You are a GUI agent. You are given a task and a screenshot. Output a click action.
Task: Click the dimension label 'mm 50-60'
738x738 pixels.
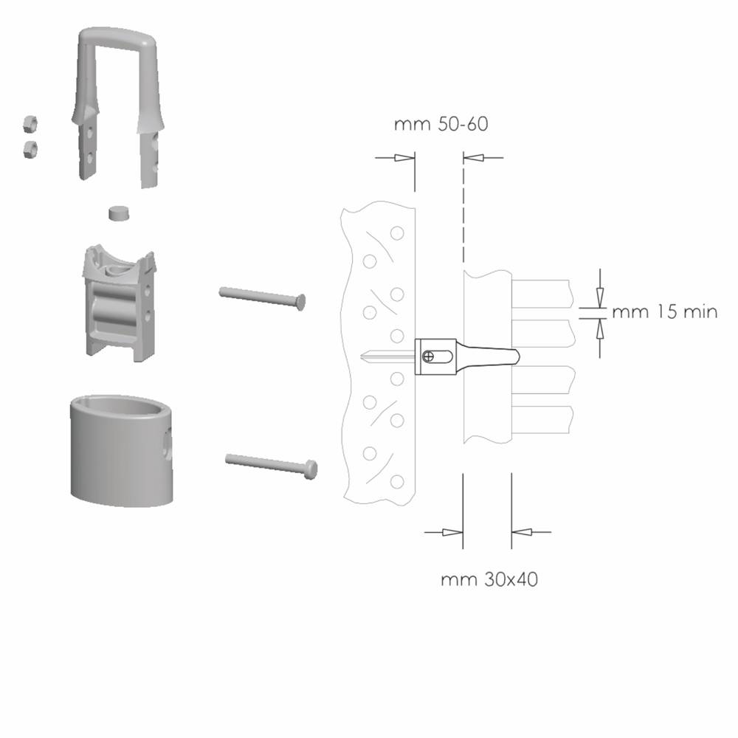tap(441, 124)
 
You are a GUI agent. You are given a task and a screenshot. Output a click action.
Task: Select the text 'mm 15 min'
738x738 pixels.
tap(665, 311)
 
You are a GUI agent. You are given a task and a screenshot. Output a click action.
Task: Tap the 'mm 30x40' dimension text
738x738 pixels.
tap(489, 579)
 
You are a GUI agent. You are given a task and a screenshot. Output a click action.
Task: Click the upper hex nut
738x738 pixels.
tap(30, 124)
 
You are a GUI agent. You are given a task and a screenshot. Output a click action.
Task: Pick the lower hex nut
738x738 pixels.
tap(30, 149)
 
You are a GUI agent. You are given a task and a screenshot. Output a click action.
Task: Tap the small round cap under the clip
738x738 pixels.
tap(119, 213)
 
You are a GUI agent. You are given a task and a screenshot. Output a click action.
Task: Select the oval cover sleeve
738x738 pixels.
tap(122, 452)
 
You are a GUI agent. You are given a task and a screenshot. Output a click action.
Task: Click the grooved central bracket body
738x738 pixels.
tap(119, 303)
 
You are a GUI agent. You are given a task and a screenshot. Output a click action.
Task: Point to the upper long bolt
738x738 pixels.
tap(262, 298)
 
